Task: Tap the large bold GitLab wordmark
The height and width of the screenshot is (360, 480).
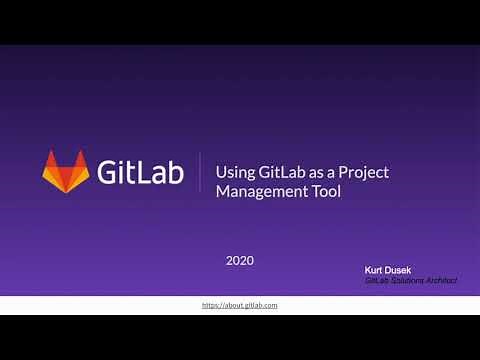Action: [140, 171]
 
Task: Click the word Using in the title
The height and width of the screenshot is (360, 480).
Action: [235, 172]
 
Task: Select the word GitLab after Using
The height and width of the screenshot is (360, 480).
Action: [282, 172]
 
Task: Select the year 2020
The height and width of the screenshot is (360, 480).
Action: [240, 260]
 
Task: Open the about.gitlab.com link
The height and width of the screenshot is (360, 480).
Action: [240, 304]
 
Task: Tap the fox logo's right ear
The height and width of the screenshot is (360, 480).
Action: [82, 158]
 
